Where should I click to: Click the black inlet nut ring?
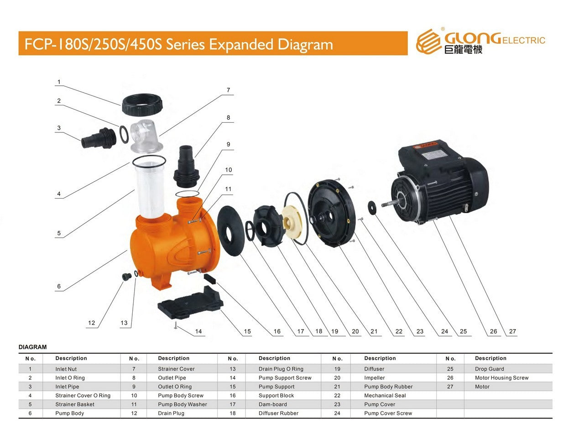(142, 105)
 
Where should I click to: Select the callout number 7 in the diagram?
(228, 90)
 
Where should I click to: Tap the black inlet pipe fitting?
(99, 138)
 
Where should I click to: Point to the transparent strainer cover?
(146, 136)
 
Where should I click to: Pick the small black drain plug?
(127, 276)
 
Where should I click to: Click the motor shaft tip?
(383, 205)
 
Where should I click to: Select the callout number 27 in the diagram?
(512, 331)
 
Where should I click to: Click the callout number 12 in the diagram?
(91, 323)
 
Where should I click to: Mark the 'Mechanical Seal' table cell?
(385, 396)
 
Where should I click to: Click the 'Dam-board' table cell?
(273, 404)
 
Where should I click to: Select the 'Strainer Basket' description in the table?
(75, 404)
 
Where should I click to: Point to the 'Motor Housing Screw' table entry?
(501, 378)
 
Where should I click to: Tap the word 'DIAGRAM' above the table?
(32, 347)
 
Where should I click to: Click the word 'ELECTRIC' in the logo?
(523, 41)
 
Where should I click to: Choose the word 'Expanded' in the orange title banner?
(241, 44)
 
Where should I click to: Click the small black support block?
(210, 278)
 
